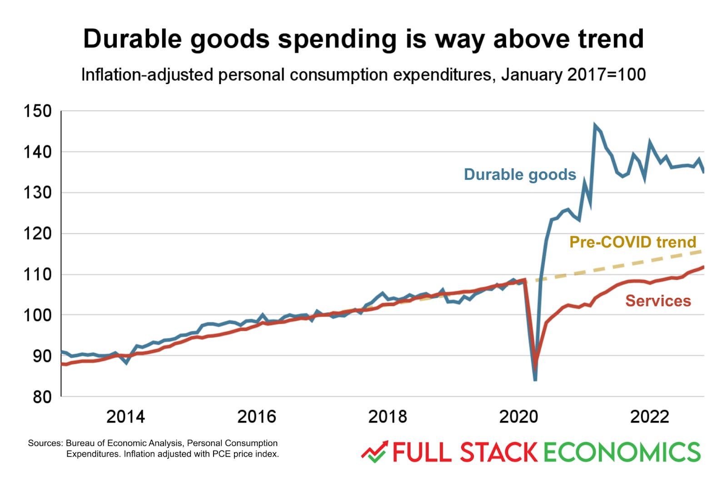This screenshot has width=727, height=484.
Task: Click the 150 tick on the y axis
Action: (38, 111)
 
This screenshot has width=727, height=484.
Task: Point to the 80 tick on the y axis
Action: (42, 397)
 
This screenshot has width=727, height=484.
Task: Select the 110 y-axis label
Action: (38, 275)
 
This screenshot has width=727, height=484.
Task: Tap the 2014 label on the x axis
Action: (125, 417)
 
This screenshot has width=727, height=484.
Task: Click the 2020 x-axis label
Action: (518, 417)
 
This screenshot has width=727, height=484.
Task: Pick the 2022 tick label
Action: (649, 417)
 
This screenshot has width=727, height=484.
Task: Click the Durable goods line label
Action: (520, 175)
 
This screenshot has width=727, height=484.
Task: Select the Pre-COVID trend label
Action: (632, 242)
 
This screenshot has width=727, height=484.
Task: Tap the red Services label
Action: (658, 301)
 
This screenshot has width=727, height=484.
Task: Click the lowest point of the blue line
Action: (535, 380)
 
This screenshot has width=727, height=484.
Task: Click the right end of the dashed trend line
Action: (702, 251)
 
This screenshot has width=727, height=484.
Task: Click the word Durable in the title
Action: (132, 39)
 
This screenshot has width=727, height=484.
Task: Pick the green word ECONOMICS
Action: (622, 453)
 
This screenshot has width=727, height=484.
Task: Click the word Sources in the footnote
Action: (45, 443)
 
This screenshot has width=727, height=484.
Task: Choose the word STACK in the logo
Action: (498, 453)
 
